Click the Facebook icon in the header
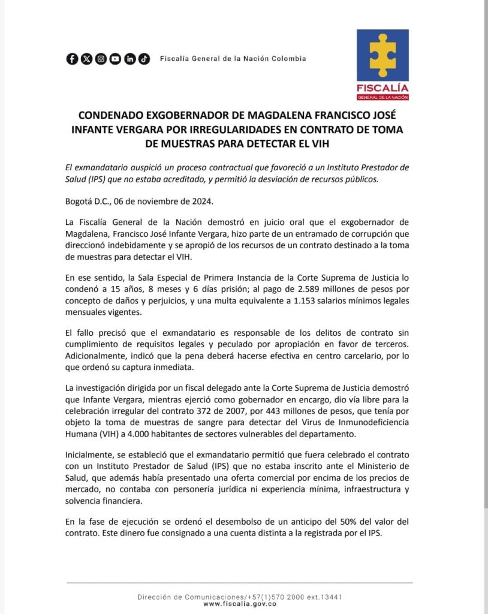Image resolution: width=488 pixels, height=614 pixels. (x=72, y=59)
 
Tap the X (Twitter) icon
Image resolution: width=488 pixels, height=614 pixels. (x=86, y=59)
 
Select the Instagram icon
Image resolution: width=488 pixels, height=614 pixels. (x=101, y=59)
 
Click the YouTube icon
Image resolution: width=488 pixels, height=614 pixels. (x=115, y=59)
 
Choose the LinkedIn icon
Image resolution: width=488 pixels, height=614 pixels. (x=129, y=59)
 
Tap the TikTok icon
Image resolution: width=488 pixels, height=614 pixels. (x=144, y=59)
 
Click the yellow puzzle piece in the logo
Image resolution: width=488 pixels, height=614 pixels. (x=382, y=55)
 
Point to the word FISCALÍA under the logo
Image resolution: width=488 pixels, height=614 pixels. (x=382, y=88)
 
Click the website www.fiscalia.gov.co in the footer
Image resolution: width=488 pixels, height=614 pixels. (x=240, y=604)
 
